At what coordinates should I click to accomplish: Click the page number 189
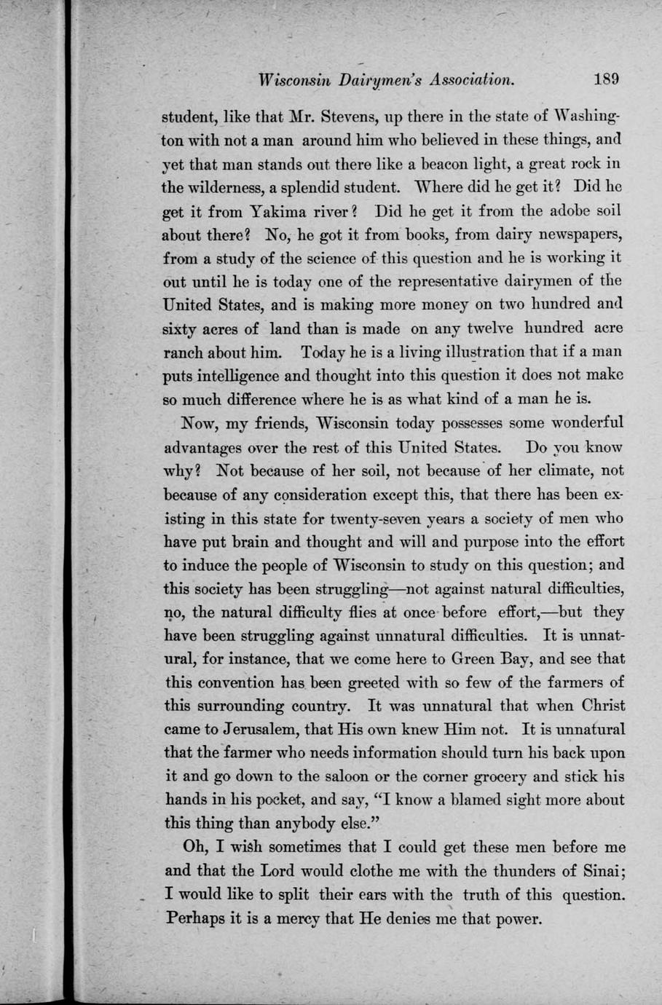[x=606, y=79]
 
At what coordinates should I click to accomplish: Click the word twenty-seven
[x=350, y=519]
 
